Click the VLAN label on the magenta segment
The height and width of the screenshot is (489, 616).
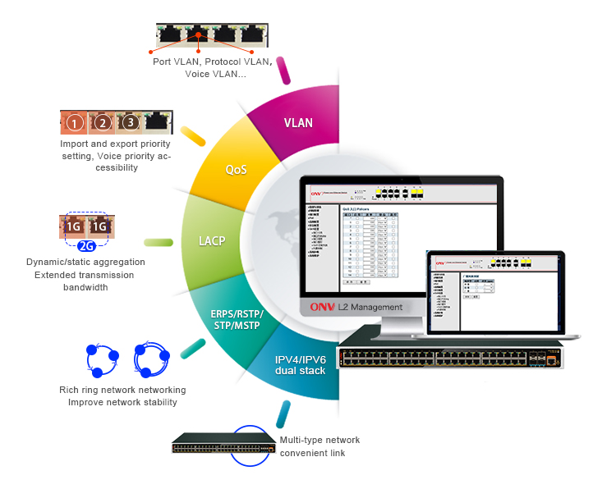coord(298,123)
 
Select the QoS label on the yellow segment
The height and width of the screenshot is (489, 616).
coord(237,170)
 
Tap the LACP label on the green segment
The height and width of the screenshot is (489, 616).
coord(212,242)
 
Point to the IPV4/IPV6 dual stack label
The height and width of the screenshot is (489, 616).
coord(301,365)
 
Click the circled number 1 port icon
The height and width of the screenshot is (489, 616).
coord(75,124)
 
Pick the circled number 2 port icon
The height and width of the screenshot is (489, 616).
coord(102,123)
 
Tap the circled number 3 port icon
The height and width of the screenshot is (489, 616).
coord(129,123)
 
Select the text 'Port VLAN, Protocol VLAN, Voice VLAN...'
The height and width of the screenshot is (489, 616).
coord(211,67)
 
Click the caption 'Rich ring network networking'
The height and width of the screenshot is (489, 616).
coord(122,390)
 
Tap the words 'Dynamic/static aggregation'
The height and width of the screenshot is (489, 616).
coord(86,262)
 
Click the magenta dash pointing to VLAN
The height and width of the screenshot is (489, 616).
coord(284,71)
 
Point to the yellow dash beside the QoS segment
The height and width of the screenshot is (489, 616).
coord(193,135)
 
